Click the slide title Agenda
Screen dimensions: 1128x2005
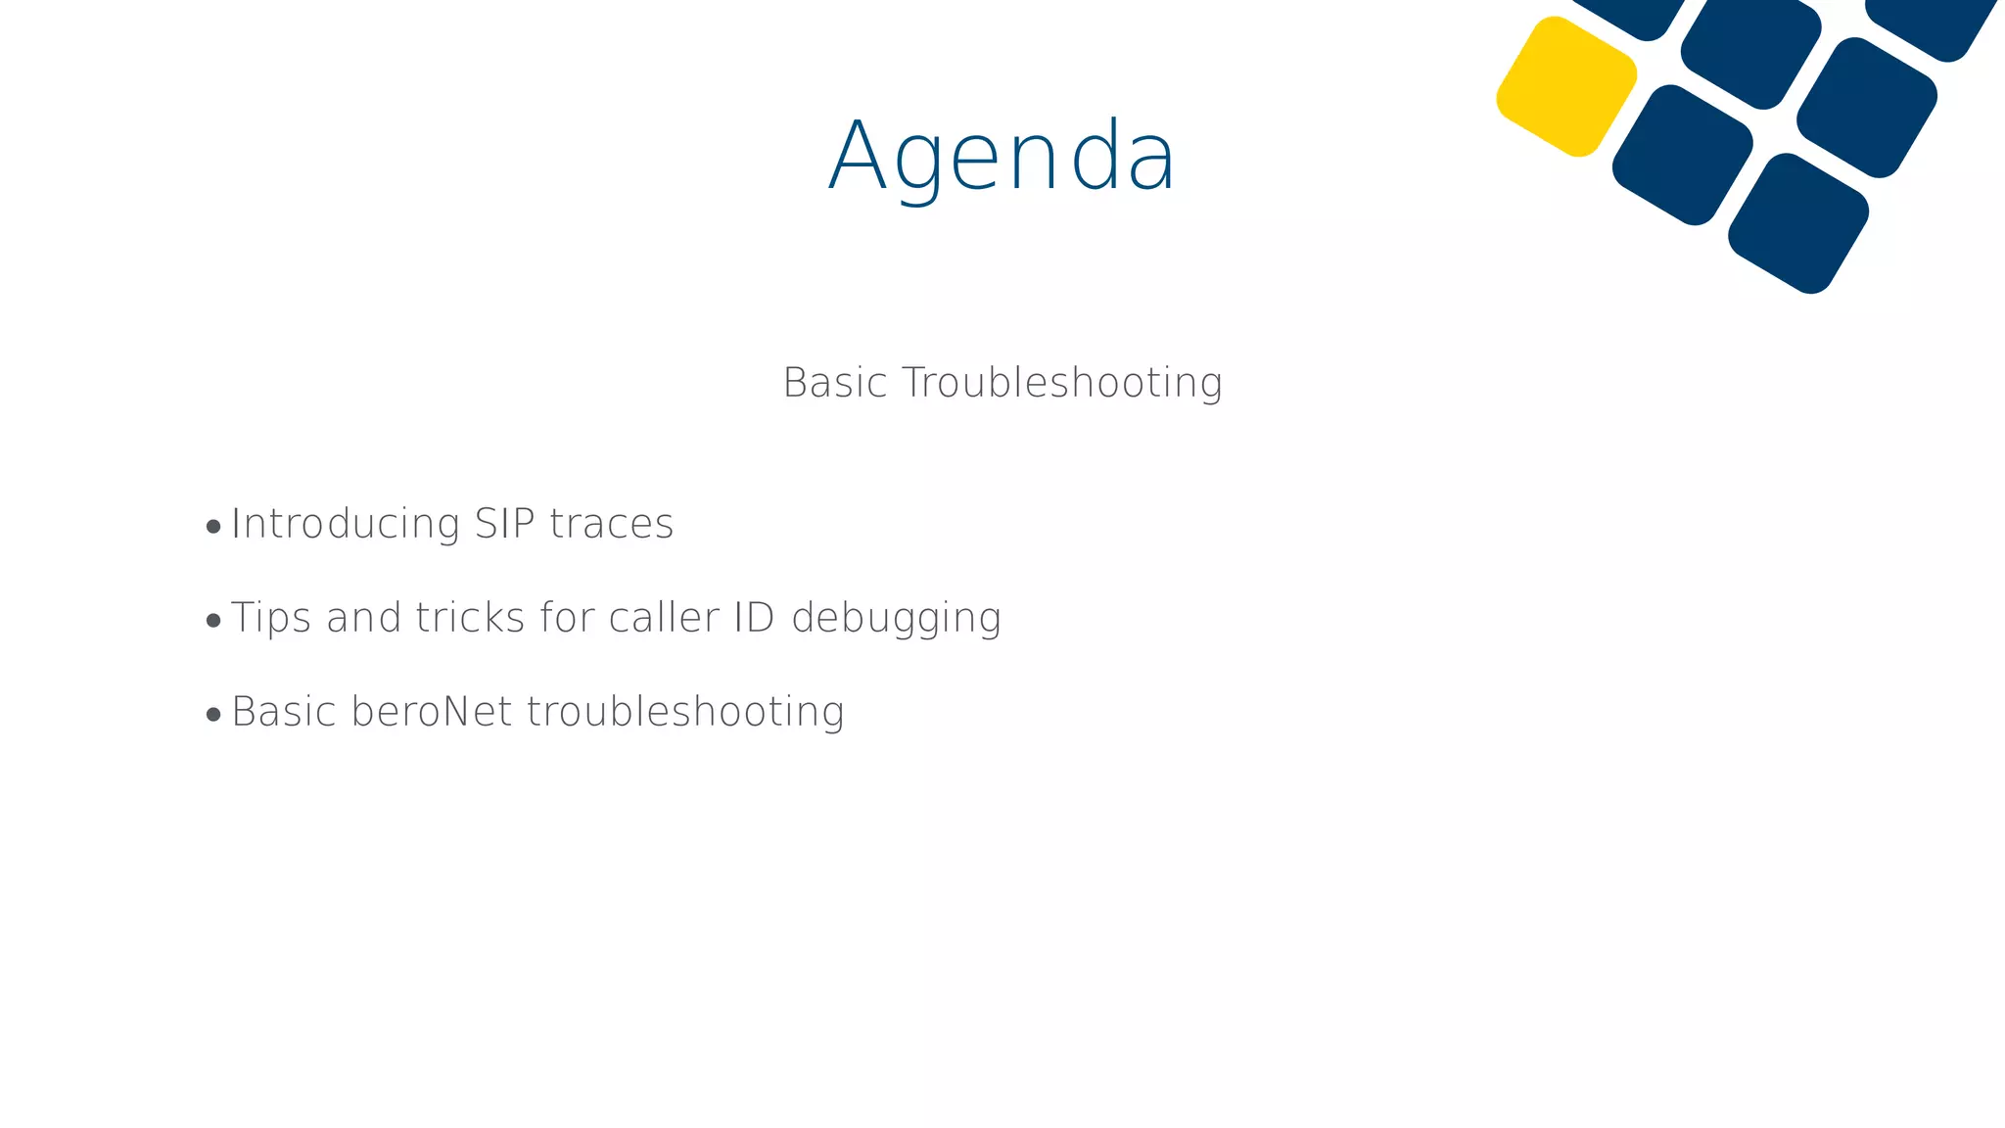[x=1002, y=157]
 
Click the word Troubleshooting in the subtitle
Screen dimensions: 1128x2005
[x=1062, y=383]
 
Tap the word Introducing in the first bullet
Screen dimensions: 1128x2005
[x=346, y=524]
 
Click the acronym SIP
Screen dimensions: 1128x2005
[x=505, y=524]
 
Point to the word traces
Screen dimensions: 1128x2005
[x=612, y=524]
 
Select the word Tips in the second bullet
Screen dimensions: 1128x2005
[x=271, y=619]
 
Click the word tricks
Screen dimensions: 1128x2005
[x=470, y=618]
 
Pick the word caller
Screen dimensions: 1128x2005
[x=664, y=618]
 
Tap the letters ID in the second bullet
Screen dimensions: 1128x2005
[x=755, y=618]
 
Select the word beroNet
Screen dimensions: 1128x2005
[x=432, y=712]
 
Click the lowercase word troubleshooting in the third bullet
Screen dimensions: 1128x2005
[x=685, y=713]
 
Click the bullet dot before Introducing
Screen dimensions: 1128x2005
[x=214, y=528]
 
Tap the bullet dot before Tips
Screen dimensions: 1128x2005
[x=214, y=622]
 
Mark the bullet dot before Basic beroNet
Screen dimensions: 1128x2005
[x=214, y=716]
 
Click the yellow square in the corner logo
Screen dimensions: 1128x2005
[x=1566, y=86]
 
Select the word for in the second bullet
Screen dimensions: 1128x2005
[x=567, y=618]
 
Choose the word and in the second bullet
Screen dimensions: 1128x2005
[x=364, y=618]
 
